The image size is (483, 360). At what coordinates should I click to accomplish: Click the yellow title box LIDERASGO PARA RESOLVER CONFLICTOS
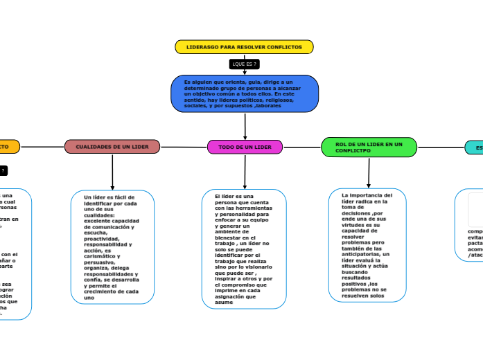pyautogui.click(x=244, y=47)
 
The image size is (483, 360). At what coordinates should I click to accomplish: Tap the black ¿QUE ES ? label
pyautogui.click(x=244, y=64)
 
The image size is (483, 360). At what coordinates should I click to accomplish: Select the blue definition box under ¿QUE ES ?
pyautogui.click(x=245, y=94)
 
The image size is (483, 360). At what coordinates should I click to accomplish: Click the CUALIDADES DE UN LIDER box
pyautogui.click(x=112, y=147)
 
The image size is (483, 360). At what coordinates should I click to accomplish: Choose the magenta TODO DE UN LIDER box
pyautogui.click(x=245, y=147)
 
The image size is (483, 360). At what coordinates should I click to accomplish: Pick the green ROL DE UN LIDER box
pyautogui.click(x=369, y=147)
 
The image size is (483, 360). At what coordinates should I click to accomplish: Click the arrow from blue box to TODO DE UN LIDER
pyautogui.click(x=245, y=126)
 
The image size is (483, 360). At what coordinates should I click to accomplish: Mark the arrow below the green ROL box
pyautogui.click(x=369, y=172)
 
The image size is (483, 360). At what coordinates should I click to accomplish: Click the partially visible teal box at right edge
pyautogui.click(x=475, y=147)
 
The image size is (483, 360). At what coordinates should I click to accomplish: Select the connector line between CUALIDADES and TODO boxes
pyautogui.click(x=184, y=147)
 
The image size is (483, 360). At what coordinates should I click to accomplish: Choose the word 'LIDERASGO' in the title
pyautogui.click(x=202, y=47)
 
